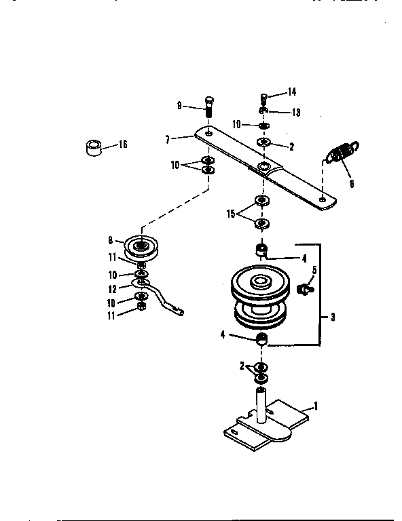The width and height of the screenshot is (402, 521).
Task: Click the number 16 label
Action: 123,144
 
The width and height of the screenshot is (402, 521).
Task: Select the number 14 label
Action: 292,92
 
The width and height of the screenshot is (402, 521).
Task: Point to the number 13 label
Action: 296,112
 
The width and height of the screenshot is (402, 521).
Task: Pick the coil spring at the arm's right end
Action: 342,153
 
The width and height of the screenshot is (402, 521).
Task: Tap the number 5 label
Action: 314,271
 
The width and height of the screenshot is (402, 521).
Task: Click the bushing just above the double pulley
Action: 260,250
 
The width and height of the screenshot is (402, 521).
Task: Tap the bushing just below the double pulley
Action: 260,339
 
